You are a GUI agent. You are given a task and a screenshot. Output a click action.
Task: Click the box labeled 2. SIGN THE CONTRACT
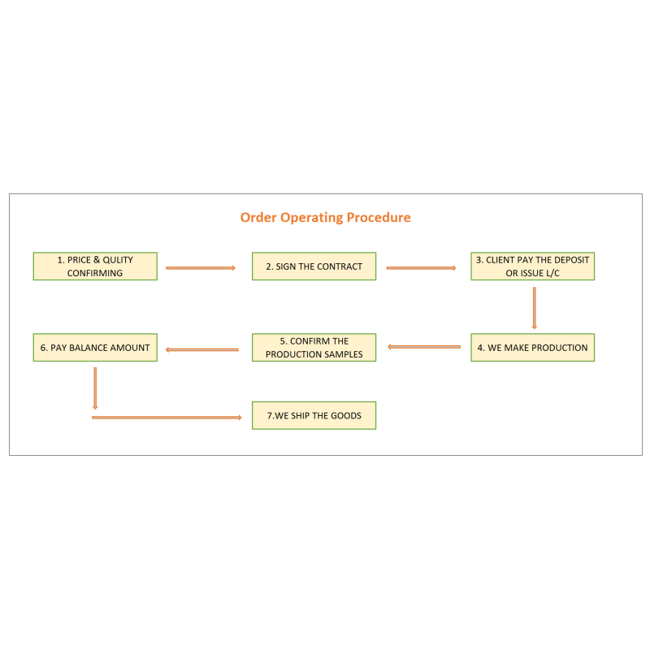tap(314, 266)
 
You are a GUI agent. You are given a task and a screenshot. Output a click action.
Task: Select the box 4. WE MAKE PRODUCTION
tap(533, 348)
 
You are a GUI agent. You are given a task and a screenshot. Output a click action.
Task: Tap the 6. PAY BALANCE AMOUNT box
tap(95, 348)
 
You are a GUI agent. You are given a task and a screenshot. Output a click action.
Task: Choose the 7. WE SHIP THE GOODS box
tap(314, 415)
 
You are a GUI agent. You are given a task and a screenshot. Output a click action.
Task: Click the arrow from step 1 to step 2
tap(201, 268)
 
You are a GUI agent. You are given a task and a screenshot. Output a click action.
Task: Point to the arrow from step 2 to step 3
tap(421, 268)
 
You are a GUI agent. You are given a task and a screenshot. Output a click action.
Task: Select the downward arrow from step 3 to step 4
tap(535, 308)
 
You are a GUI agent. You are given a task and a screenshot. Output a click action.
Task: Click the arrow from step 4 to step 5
tap(423, 347)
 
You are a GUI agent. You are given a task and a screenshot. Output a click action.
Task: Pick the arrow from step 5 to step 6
tap(201, 350)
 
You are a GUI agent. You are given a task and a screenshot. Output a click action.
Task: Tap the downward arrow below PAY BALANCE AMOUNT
tap(95, 388)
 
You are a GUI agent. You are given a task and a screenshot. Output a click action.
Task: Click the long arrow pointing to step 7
tap(167, 418)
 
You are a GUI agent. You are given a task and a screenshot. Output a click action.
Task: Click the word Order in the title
tap(258, 217)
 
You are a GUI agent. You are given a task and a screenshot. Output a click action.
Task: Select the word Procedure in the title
tap(379, 217)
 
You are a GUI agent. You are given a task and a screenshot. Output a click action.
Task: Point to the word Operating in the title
tap(312, 218)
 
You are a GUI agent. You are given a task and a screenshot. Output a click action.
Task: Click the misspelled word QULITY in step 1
tap(118, 260)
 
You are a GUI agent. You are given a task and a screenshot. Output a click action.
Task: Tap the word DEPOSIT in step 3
tap(572, 260)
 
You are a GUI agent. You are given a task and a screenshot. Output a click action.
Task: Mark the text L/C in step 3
tap(552, 273)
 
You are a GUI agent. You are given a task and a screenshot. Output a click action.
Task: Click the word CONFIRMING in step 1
tap(95, 273)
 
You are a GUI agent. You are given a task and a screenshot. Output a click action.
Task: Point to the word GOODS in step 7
tap(346, 416)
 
